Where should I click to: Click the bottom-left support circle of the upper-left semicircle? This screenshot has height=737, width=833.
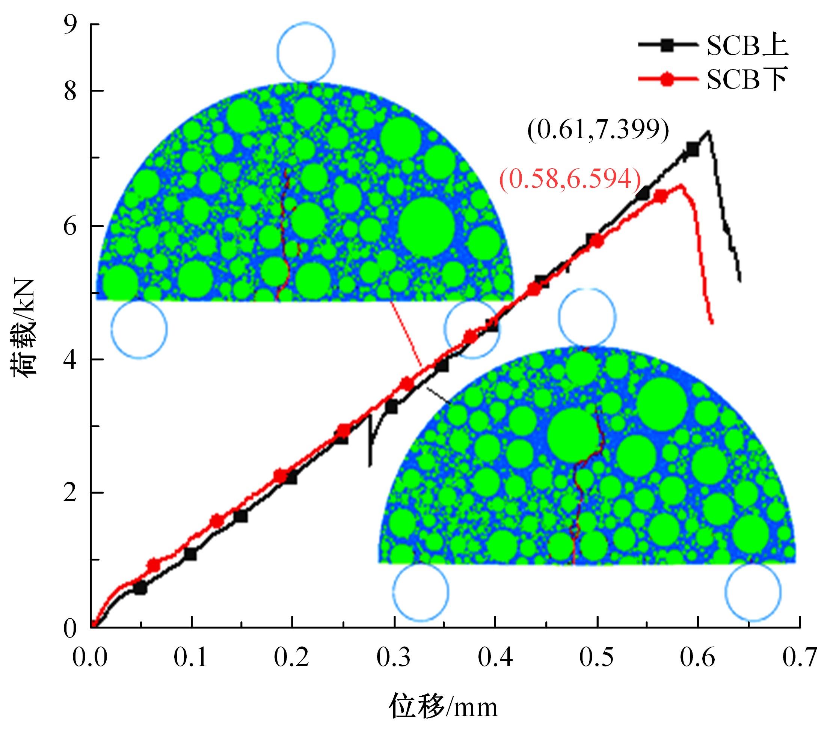(x=139, y=329)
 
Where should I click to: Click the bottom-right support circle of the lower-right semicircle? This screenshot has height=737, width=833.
(x=753, y=591)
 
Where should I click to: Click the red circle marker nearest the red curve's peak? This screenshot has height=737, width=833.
(x=661, y=197)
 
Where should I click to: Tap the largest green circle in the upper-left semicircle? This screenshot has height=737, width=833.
(x=427, y=226)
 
